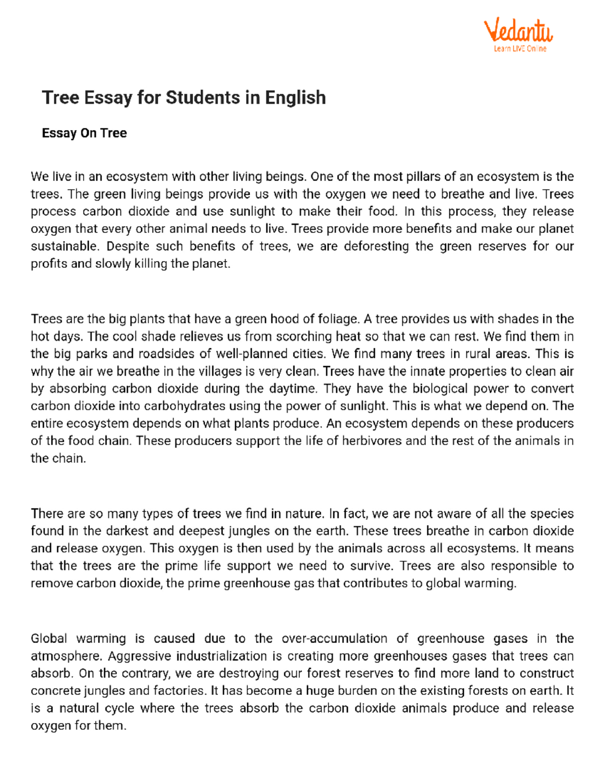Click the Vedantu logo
(x=518, y=31)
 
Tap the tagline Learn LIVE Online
(x=520, y=49)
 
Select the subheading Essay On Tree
(x=84, y=133)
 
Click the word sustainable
(x=64, y=246)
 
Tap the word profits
(x=49, y=264)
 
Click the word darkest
(x=127, y=531)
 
